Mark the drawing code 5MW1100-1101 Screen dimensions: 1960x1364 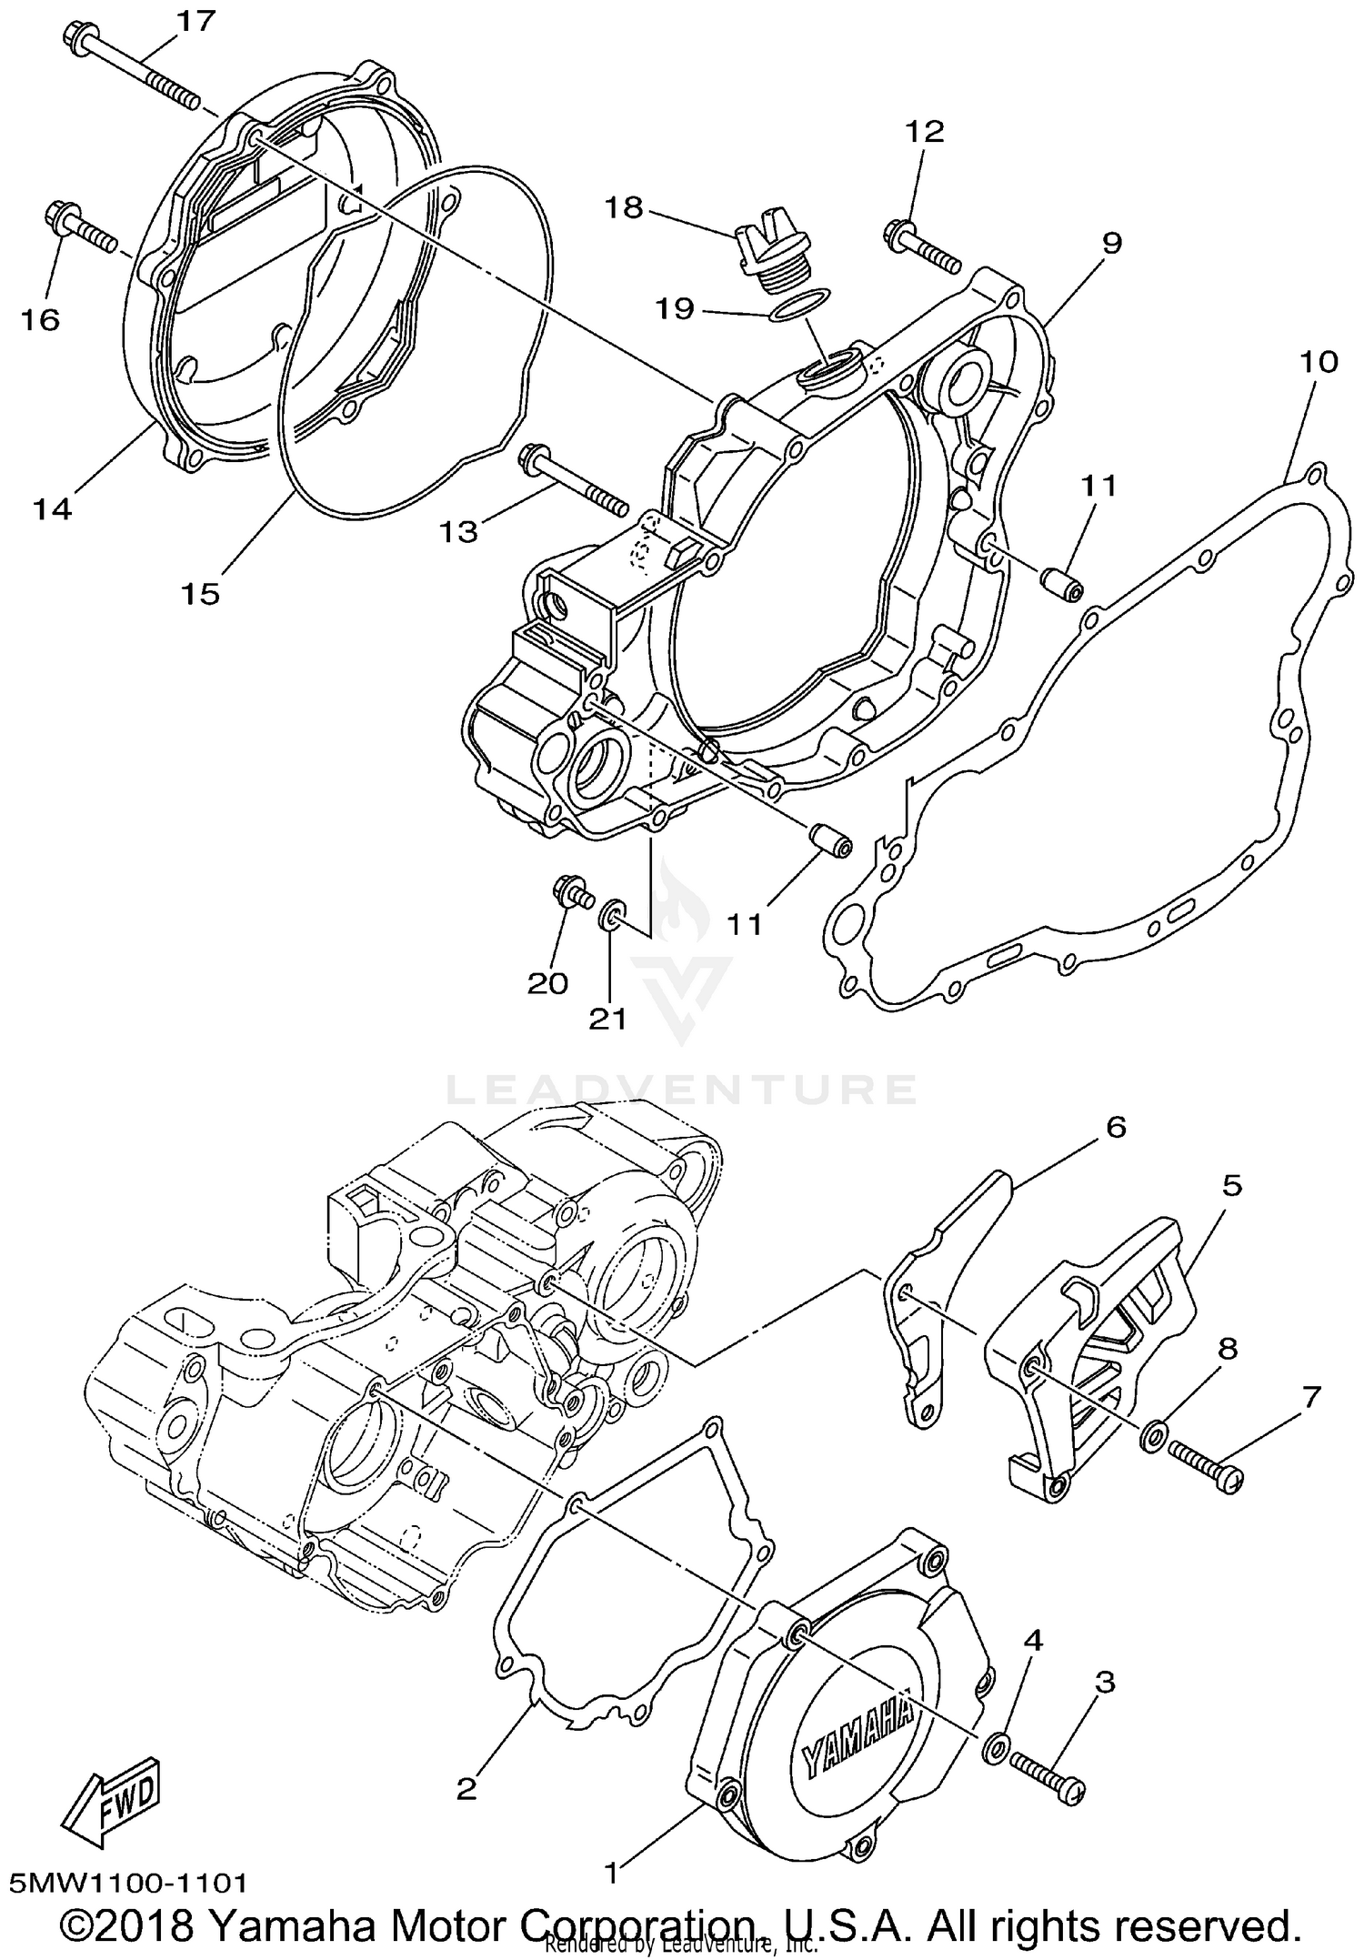[x=128, y=1882]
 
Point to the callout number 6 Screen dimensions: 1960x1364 [x=1116, y=1127]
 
